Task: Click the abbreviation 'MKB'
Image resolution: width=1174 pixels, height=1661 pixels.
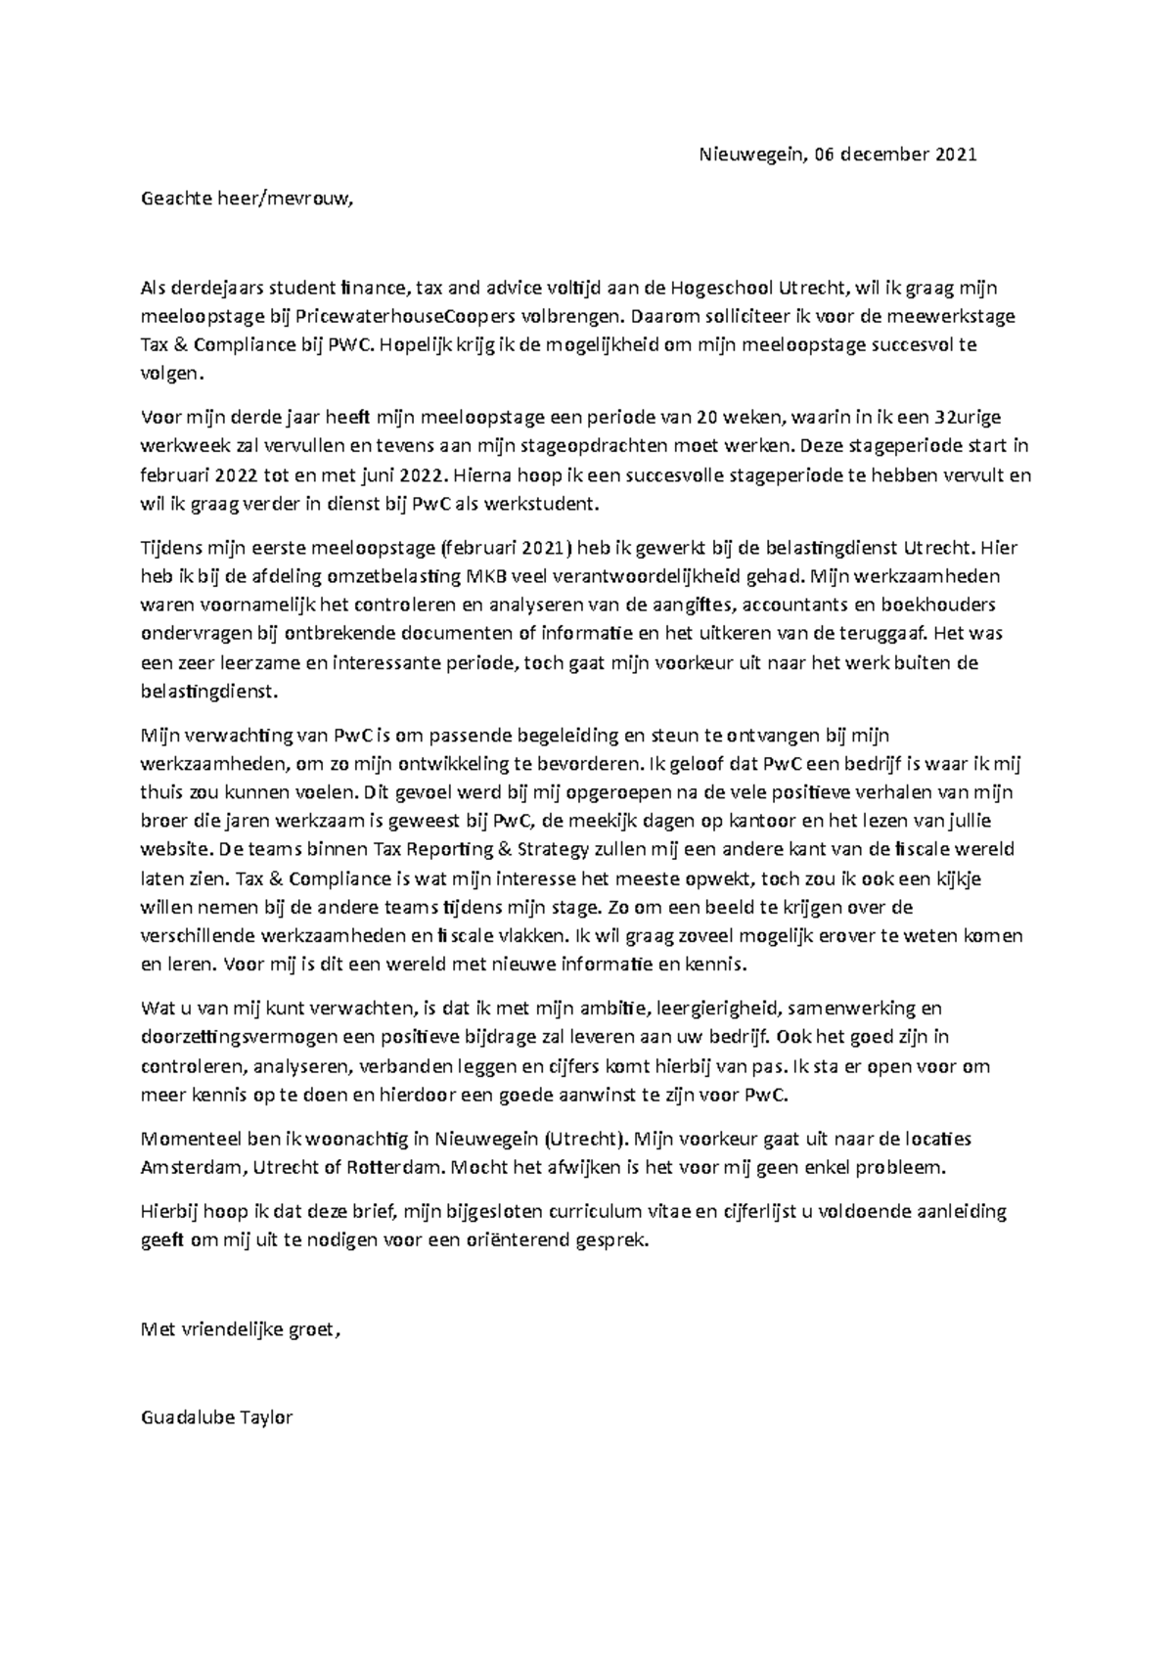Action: tap(487, 576)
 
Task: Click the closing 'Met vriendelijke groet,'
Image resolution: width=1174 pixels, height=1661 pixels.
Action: tap(243, 1329)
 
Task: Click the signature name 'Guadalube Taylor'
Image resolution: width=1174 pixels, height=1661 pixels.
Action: tap(217, 1416)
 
